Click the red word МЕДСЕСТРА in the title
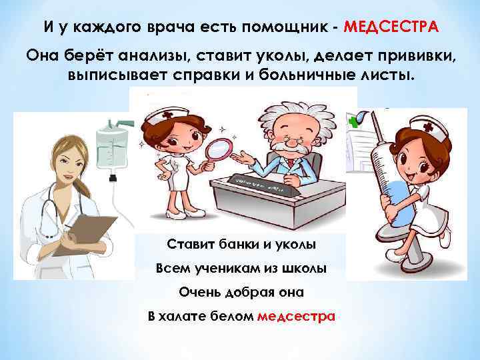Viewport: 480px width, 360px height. (x=391, y=27)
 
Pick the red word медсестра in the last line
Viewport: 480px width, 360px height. (x=295, y=315)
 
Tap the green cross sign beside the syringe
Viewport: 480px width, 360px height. (x=351, y=120)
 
